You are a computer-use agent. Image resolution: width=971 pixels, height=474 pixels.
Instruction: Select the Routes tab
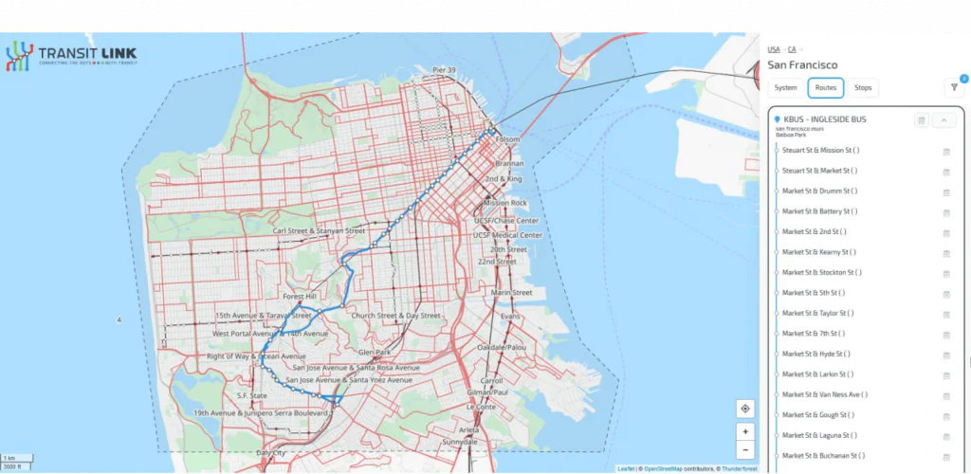click(825, 88)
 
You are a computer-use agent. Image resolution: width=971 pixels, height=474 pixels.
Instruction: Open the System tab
click(785, 88)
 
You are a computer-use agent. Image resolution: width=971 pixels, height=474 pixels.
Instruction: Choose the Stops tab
click(863, 88)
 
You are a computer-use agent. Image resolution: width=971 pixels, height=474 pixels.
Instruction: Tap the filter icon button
click(953, 88)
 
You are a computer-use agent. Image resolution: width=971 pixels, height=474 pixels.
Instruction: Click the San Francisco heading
click(802, 65)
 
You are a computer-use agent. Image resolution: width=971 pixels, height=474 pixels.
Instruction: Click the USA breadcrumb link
click(774, 49)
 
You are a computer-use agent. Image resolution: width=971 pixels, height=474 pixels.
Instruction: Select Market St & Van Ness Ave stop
click(824, 394)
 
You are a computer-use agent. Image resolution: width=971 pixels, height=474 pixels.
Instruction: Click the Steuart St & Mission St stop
click(819, 151)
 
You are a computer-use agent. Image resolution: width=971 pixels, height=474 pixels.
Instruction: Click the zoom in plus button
click(745, 431)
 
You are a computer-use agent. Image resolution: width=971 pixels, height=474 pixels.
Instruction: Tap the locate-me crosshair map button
click(745, 409)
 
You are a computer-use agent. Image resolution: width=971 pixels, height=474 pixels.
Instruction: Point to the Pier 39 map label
click(444, 70)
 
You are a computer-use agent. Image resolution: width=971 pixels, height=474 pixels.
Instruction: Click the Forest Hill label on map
click(304, 295)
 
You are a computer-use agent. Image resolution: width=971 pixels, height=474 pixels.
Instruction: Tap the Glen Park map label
click(375, 352)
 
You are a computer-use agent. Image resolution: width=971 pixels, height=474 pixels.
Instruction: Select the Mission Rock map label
click(504, 203)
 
